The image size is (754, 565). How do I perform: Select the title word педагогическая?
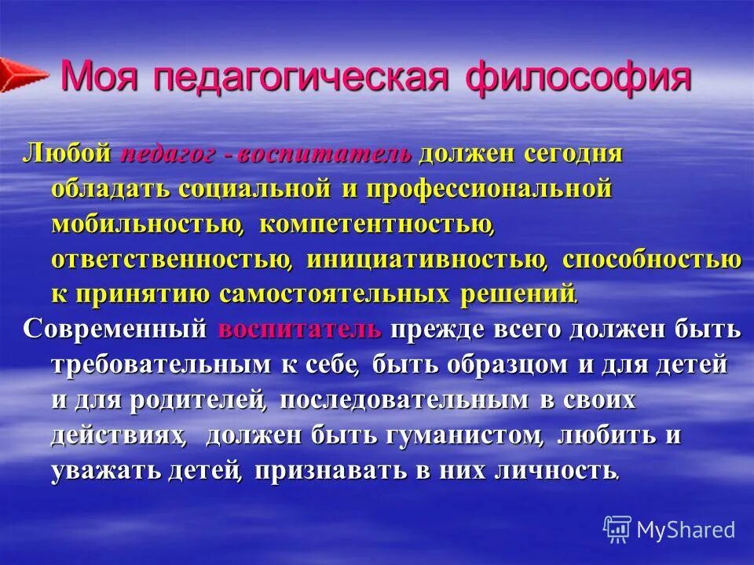pos(302,79)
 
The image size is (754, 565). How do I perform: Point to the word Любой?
pos(67,153)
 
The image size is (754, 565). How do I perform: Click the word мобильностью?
pos(146,224)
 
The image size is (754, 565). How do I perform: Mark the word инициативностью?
pos(425,260)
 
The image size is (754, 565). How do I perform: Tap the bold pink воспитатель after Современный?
pos(300,330)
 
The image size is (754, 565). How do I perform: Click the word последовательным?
pos(404,400)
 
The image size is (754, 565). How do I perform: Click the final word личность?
pos(547,470)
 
